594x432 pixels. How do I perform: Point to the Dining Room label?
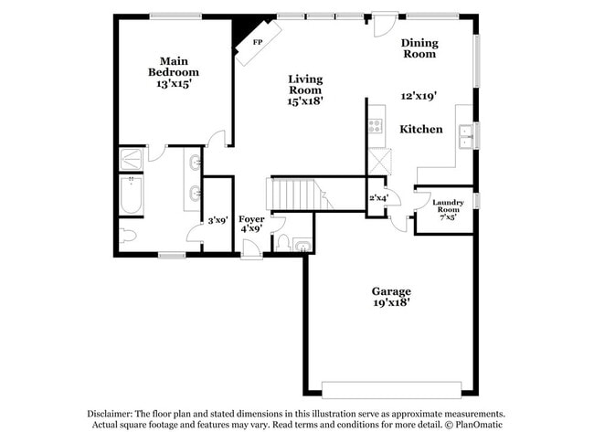[419, 48]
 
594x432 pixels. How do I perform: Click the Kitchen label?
[421, 130]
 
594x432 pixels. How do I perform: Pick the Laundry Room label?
[448, 206]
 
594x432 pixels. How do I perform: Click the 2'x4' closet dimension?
[377, 198]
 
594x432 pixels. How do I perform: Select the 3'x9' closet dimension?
[217, 220]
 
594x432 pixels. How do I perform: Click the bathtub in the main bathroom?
[132, 195]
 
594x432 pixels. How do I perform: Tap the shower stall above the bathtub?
[132, 161]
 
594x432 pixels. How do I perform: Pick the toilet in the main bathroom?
[128, 237]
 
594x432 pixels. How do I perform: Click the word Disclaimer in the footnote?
[113, 413]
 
